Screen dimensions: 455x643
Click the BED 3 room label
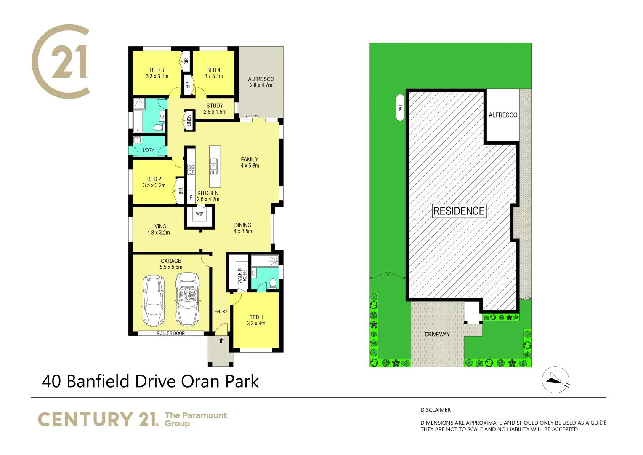157,70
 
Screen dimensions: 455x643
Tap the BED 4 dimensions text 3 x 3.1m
213,77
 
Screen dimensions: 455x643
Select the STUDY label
215,106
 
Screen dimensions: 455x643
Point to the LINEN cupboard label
189,120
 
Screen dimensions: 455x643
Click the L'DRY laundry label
149,150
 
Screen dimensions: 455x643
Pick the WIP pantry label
199,214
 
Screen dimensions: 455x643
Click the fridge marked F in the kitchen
191,197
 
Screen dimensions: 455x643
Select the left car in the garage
154,300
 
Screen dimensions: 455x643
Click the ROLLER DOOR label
171,333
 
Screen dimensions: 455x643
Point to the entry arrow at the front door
221,341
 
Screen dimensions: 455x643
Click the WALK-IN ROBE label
242,275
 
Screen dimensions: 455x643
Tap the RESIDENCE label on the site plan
459,211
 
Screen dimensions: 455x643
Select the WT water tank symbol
400,107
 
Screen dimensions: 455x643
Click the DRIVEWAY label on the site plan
437,335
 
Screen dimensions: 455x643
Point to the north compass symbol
555,380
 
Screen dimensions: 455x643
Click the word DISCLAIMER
436,410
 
